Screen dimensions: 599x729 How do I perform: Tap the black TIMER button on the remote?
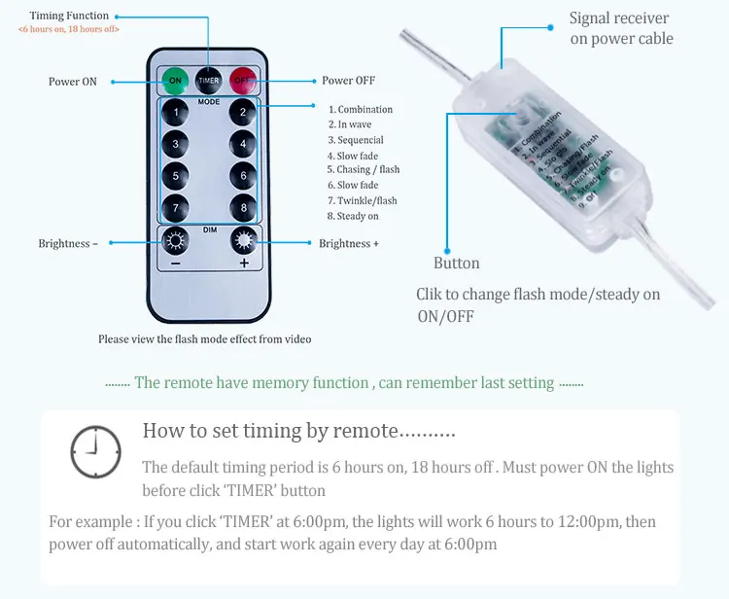pyautogui.click(x=208, y=80)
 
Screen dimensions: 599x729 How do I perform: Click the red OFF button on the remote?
pyautogui.click(x=241, y=80)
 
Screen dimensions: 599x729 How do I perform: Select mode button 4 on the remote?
pyautogui.click(x=243, y=145)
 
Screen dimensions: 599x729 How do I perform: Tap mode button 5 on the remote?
pyautogui.click(x=175, y=176)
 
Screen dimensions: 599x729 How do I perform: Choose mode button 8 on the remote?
pyautogui.click(x=243, y=208)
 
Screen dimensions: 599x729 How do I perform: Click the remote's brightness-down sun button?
pyautogui.click(x=176, y=242)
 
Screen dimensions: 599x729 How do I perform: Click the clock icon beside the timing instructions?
pyautogui.click(x=95, y=452)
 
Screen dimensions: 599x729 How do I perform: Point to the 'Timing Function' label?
pyautogui.click(x=69, y=16)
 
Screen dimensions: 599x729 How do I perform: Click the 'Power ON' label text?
pyautogui.click(x=73, y=82)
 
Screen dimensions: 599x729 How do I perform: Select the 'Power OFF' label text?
pyautogui.click(x=348, y=81)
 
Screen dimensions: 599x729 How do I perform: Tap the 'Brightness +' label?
pyautogui.click(x=349, y=243)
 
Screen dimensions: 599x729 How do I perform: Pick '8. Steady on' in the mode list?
pyautogui.click(x=353, y=216)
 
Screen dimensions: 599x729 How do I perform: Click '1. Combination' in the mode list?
pyautogui.click(x=361, y=110)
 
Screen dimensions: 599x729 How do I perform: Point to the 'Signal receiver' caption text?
pyautogui.click(x=619, y=18)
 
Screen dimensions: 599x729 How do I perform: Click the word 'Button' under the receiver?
pyautogui.click(x=457, y=263)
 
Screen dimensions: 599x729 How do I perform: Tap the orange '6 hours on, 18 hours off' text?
pyautogui.click(x=69, y=29)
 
